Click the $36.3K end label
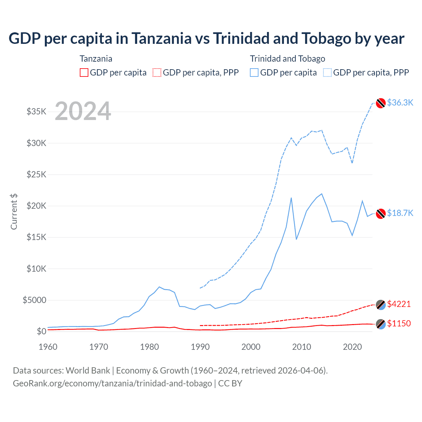click(x=400, y=103)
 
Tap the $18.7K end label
click(x=400, y=213)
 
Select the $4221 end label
click(x=399, y=304)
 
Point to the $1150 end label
click(x=399, y=323)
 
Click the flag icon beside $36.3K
click(x=381, y=103)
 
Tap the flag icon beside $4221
click(x=381, y=305)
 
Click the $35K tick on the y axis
click(x=37, y=111)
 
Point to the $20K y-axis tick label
click(x=37, y=206)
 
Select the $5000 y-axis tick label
click(x=35, y=300)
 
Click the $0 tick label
click(x=42, y=331)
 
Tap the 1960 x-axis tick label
click(x=48, y=347)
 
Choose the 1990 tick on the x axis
click(x=200, y=347)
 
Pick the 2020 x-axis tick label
click(x=352, y=347)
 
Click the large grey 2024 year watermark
click(x=83, y=111)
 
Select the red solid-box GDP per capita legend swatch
click(x=84, y=73)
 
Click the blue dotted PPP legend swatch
click(x=327, y=73)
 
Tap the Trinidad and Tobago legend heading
click(x=287, y=59)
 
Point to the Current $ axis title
click(x=14, y=212)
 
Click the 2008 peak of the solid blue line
click(x=291, y=198)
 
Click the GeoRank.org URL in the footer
click(x=112, y=383)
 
